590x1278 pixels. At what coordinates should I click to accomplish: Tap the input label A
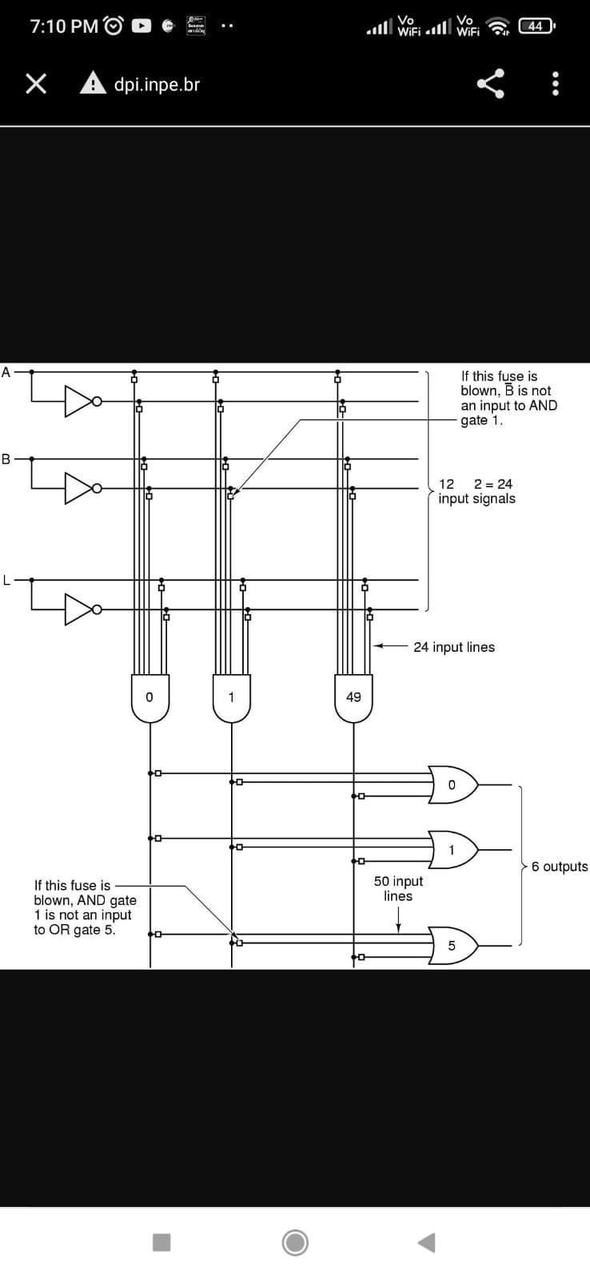tap(6, 371)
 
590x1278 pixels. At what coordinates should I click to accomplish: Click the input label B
tap(6, 458)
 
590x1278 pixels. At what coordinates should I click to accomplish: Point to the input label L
tap(6, 580)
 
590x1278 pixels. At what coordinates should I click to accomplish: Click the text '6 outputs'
tap(559, 867)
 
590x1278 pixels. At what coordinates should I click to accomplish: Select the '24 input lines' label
tap(453, 647)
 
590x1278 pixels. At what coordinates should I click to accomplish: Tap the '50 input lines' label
tap(398, 888)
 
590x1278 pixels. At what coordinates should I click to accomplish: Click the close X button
tap(35, 84)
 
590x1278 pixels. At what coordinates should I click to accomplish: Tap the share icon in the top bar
tap(491, 84)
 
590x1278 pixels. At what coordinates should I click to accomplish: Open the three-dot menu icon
tap(556, 84)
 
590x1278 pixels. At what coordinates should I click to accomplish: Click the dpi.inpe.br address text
tap(157, 84)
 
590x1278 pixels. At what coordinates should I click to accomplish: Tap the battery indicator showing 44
tap(536, 26)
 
